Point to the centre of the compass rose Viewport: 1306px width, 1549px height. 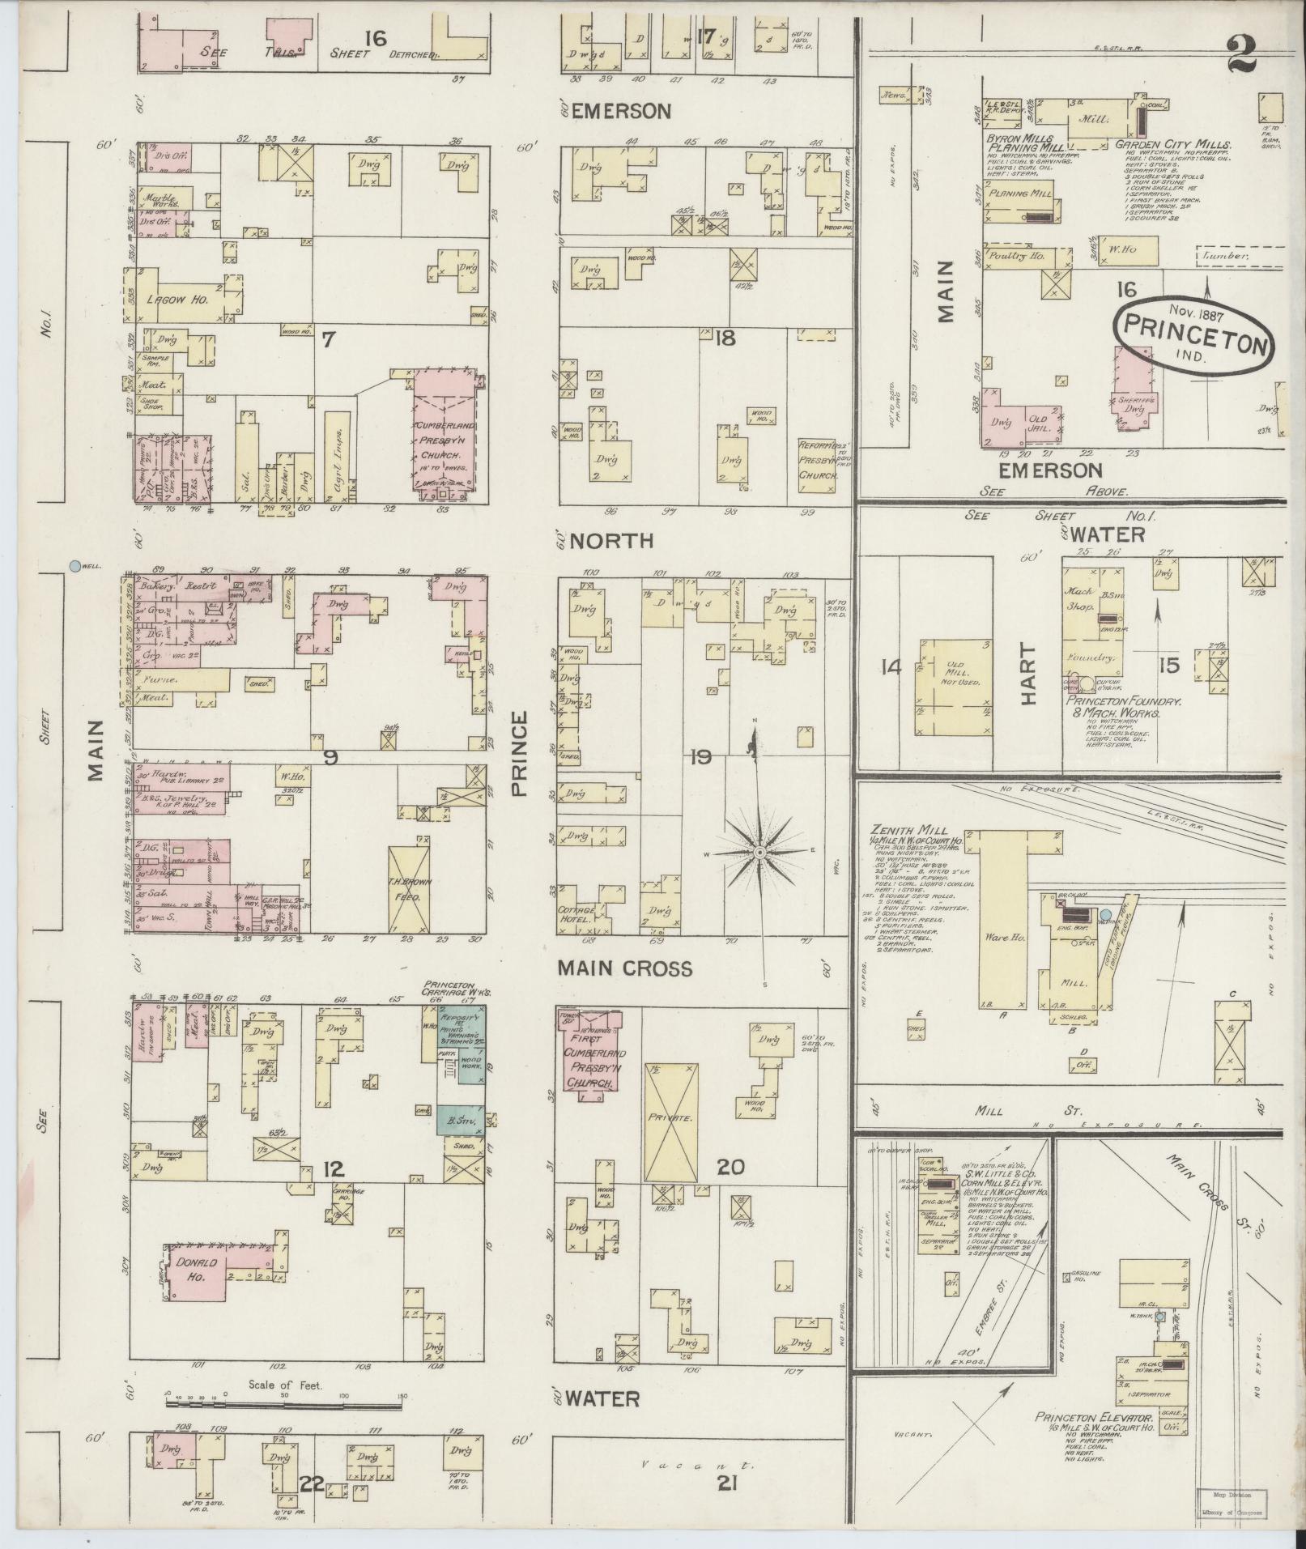(760, 853)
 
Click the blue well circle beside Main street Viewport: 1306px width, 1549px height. (75, 567)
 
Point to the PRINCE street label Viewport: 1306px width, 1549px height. (518, 754)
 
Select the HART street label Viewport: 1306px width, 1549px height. (1027, 674)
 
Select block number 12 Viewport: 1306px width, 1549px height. (334, 1169)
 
